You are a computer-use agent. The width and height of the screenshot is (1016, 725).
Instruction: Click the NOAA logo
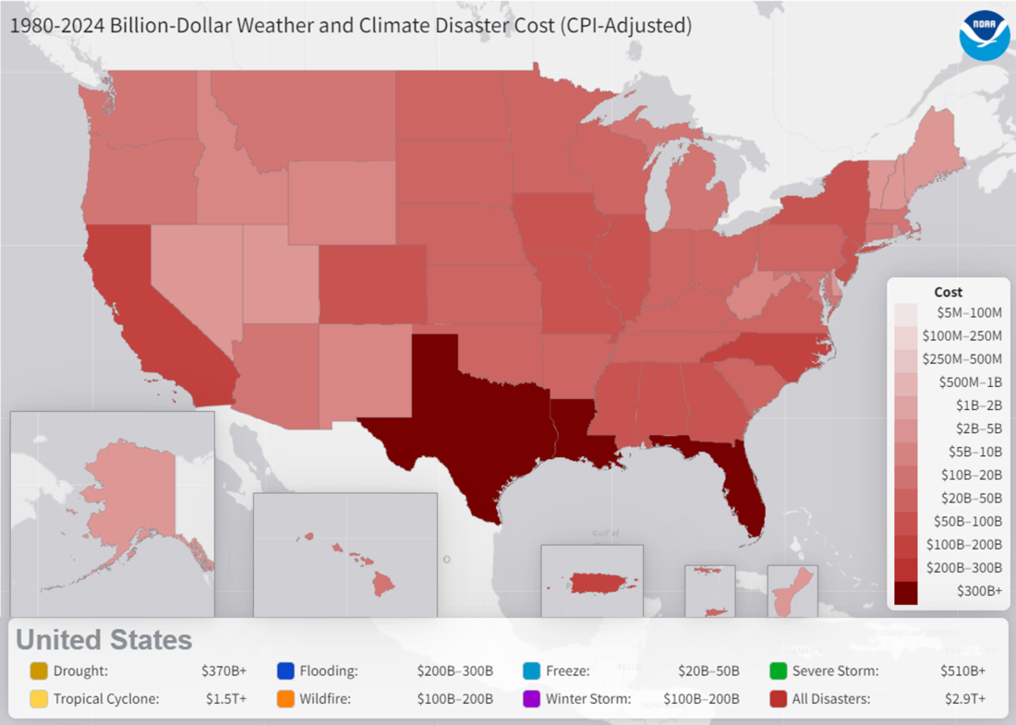pyautogui.click(x=983, y=36)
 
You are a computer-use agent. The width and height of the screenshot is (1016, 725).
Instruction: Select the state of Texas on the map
pyautogui.click(x=462, y=425)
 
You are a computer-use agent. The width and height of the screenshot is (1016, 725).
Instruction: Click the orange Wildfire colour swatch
pyautogui.click(x=284, y=699)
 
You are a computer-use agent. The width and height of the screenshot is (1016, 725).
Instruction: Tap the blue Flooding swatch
pyautogui.click(x=284, y=671)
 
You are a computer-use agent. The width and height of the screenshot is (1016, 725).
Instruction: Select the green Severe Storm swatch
pyautogui.click(x=778, y=671)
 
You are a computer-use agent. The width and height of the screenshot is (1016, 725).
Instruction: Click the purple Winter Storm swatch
pyautogui.click(x=531, y=699)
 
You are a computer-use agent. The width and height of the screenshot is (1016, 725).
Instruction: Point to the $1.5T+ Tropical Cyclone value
pyautogui.click(x=226, y=699)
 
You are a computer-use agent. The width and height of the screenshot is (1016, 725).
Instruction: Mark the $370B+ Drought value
pyautogui.click(x=224, y=671)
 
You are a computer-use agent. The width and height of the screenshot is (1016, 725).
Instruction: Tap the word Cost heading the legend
pyautogui.click(x=949, y=292)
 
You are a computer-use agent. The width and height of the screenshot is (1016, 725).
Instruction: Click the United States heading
pyautogui.click(x=104, y=640)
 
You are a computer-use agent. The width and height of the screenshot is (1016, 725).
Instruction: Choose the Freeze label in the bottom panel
pyautogui.click(x=568, y=671)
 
